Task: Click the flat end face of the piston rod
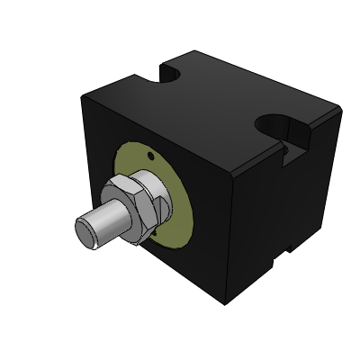tap(85, 229)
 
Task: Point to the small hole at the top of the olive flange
tap(148, 156)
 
